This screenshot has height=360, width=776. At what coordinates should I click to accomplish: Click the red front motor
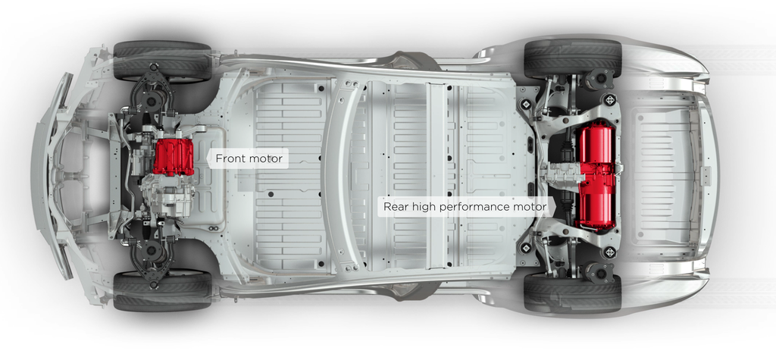click(x=173, y=156)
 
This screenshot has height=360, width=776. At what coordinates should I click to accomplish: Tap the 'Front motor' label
click(x=249, y=159)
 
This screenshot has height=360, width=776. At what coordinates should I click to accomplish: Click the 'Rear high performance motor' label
click(x=465, y=206)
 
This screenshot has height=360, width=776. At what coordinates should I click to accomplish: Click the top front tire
click(x=162, y=60)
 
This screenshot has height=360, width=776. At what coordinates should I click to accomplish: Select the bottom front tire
click(x=162, y=292)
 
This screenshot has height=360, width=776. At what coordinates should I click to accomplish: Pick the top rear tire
click(x=572, y=58)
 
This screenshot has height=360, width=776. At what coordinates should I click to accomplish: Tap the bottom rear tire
click(x=572, y=293)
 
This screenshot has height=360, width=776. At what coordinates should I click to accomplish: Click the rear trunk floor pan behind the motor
click(x=662, y=175)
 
